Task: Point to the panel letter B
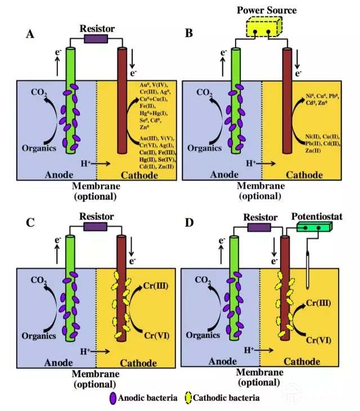click(189, 34)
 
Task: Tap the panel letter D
click(189, 222)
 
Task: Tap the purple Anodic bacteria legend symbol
click(112, 398)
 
